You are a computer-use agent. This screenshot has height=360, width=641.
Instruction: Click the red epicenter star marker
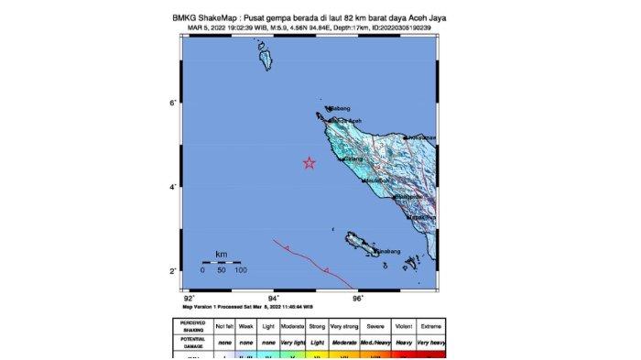(310, 163)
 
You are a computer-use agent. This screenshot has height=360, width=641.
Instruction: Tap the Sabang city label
(341, 108)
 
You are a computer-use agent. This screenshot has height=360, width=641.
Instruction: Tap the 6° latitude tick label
(171, 104)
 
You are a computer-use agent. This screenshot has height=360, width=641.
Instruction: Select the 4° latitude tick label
(171, 187)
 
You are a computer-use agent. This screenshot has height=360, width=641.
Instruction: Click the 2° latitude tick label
(171, 271)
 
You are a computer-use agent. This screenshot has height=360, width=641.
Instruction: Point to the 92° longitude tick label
(189, 299)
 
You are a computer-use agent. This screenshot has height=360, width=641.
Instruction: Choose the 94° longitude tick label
(273, 299)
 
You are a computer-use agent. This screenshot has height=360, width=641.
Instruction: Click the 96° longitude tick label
(357, 299)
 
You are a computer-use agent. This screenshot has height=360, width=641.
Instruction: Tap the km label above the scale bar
(221, 254)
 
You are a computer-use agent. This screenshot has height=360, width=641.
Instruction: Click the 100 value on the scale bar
(239, 271)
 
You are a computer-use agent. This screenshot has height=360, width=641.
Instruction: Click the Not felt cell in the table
(225, 326)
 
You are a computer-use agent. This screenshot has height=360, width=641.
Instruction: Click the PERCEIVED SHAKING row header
(193, 326)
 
